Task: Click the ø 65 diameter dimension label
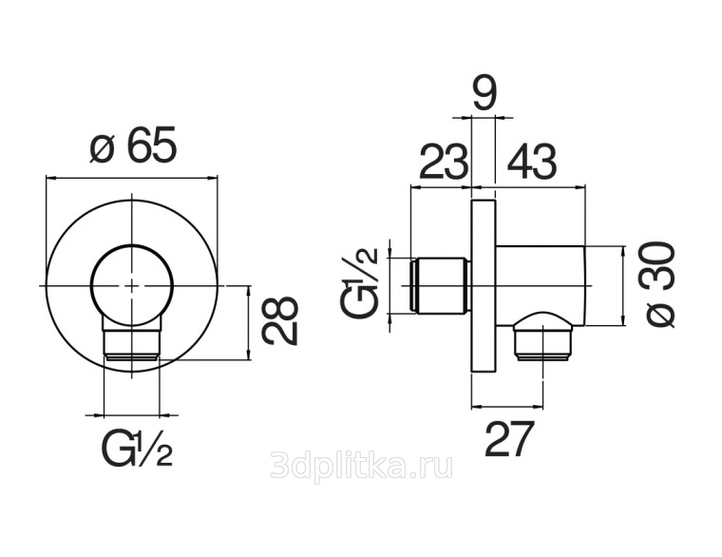(133, 144)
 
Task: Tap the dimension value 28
(279, 321)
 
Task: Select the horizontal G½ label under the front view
(137, 449)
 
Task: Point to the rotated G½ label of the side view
(359, 281)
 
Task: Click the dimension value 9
(484, 95)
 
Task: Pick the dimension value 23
(444, 162)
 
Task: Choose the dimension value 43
(532, 162)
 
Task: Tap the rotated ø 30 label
(660, 284)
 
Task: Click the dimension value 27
(509, 438)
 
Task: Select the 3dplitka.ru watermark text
(361, 465)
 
